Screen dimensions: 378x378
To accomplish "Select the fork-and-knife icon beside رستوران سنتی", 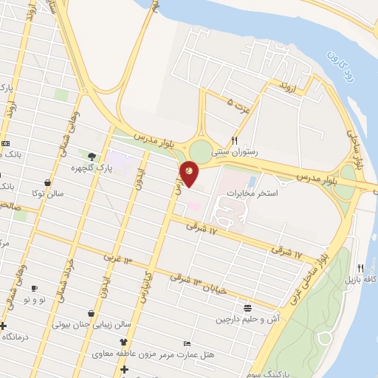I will pos(235,140).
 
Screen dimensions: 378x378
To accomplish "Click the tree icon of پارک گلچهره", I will pos(92,156).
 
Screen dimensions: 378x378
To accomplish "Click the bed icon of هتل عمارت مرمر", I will pos(187,344).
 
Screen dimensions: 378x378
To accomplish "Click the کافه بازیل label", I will pos(360,280).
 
